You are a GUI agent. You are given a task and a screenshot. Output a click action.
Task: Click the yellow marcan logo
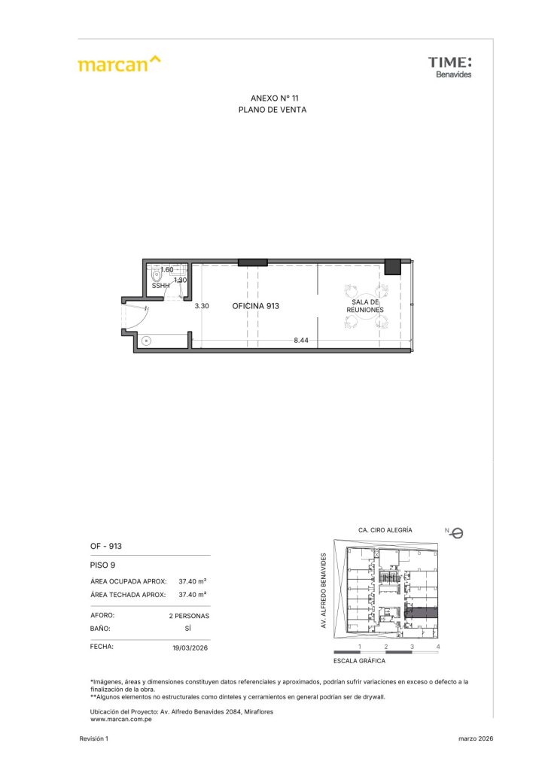[119, 64]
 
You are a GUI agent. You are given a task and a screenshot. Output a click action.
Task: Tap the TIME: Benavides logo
[449, 67]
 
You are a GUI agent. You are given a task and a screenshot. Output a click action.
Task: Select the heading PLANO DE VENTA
[272, 110]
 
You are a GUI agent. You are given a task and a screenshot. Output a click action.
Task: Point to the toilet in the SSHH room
[157, 275]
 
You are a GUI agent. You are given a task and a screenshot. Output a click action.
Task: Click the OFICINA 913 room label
[255, 306]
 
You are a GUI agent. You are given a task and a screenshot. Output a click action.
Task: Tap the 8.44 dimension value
[301, 340]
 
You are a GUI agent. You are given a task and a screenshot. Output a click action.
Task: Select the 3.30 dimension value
[202, 306]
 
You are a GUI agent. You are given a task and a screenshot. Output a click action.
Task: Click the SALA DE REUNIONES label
[365, 306]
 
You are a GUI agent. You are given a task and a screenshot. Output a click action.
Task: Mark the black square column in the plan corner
[393, 267]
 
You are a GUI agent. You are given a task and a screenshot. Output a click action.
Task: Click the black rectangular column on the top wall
[253, 262]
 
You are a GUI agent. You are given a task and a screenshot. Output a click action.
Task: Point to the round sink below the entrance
[146, 341]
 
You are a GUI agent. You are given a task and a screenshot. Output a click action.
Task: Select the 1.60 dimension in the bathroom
[167, 270]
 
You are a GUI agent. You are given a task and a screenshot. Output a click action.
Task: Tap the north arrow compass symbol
[455, 533]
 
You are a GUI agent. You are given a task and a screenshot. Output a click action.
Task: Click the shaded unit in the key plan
[421, 612]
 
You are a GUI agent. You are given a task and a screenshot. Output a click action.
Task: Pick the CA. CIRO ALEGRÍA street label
[385, 530]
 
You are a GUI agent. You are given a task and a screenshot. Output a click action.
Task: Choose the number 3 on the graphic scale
[412, 647]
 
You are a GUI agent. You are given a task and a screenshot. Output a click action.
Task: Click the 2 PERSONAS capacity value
[189, 616]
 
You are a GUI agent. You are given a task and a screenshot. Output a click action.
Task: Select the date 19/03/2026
[190, 647]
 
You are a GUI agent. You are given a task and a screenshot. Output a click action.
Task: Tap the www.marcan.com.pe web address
[121, 720]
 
